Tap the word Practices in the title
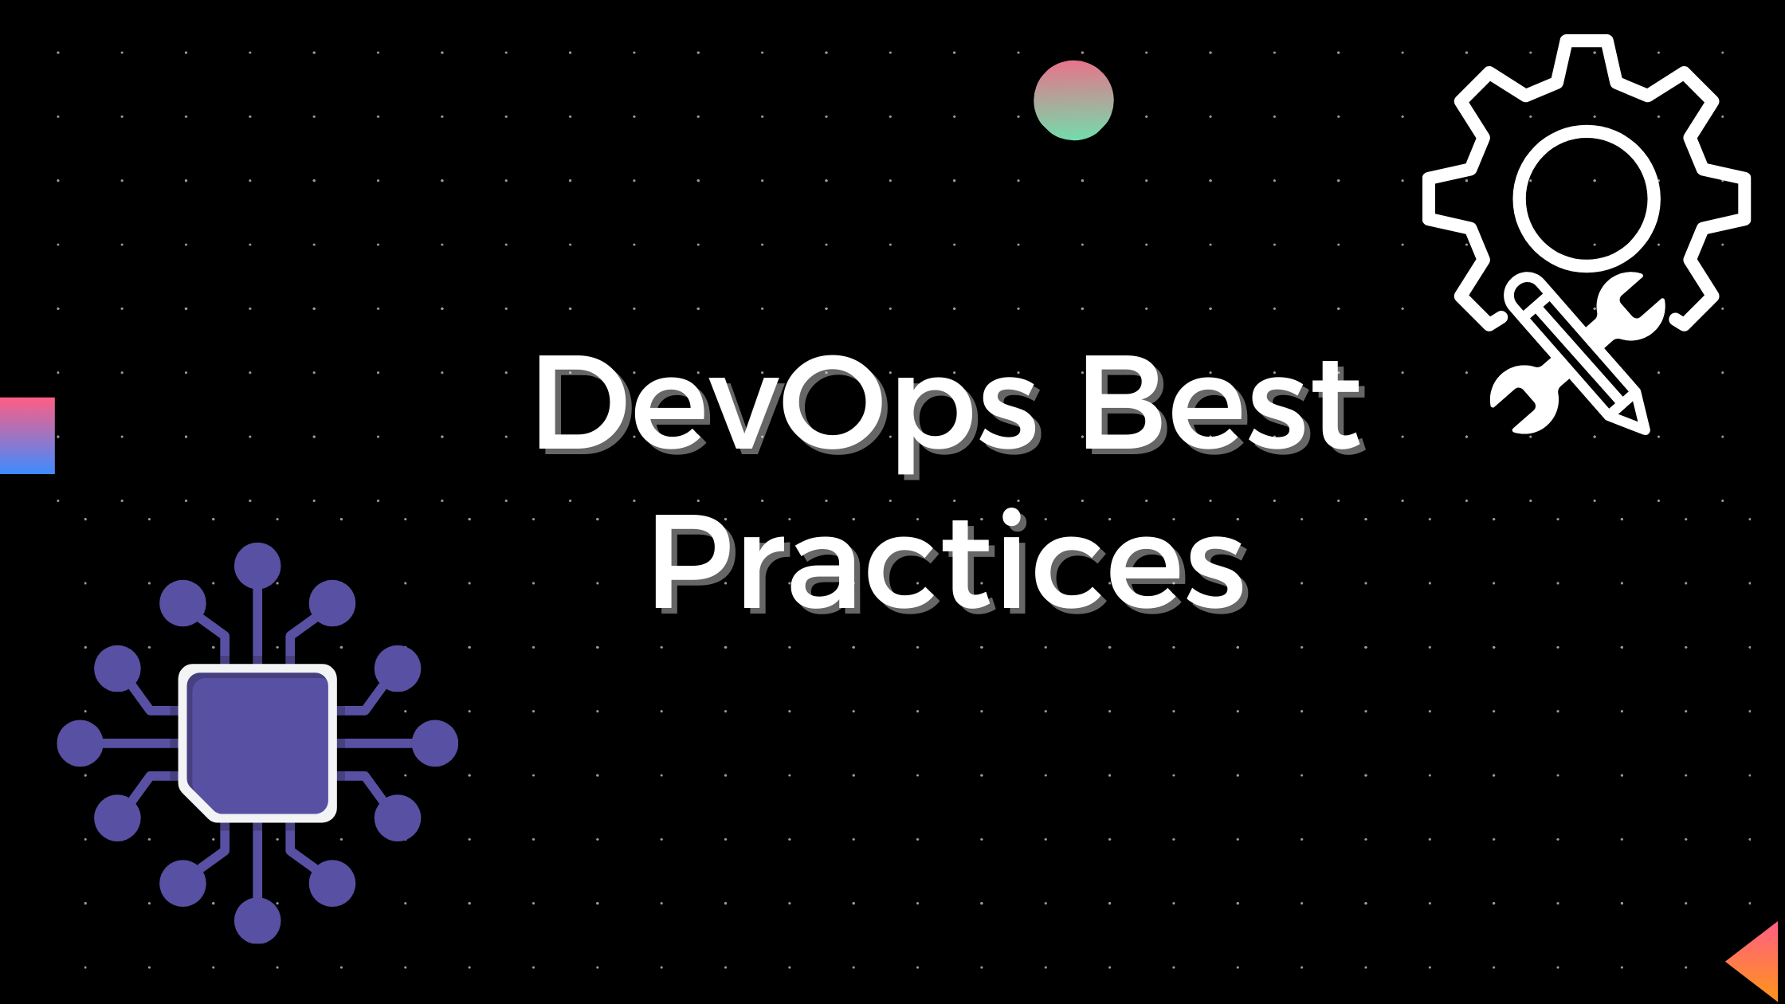point(948,562)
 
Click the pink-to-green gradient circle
point(1073,100)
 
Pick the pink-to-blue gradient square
point(27,436)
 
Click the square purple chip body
point(257,743)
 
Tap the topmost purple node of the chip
point(257,566)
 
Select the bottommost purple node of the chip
point(257,920)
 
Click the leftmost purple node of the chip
point(80,743)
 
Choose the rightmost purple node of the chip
point(435,743)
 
